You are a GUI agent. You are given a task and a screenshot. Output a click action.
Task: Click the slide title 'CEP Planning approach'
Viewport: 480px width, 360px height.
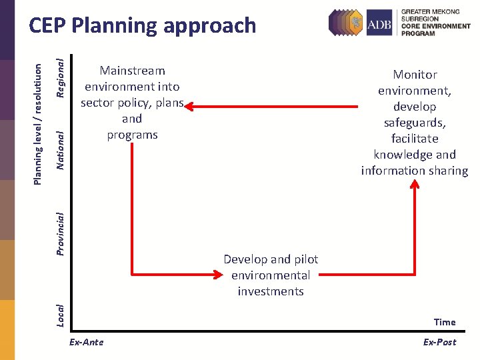tap(142, 25)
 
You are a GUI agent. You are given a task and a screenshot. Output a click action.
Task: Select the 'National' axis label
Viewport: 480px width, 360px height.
tap(60, 149)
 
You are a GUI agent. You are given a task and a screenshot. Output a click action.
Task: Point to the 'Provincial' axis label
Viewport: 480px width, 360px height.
tap(60, 233)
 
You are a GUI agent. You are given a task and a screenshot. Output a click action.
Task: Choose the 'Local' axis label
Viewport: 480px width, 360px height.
tap(60, 315)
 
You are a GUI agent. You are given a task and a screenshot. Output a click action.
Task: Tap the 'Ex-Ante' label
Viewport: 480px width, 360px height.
tap(87, 342)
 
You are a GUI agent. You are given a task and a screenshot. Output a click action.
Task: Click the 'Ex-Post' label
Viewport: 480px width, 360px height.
tap(439, 342)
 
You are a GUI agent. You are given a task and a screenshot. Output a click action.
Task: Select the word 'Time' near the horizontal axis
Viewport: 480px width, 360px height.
tap(445, 322)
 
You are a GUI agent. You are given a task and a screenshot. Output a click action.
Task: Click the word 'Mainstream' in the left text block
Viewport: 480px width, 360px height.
tap(132, 71)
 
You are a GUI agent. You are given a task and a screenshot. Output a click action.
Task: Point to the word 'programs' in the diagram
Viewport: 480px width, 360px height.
tap(132, 135)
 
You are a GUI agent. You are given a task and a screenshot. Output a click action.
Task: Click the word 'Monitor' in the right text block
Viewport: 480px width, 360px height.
tap(415, 75)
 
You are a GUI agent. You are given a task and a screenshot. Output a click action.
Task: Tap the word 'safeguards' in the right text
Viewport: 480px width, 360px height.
tap(415, 123)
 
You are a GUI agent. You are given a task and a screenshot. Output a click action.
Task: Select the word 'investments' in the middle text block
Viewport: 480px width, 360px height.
tap(271, 291)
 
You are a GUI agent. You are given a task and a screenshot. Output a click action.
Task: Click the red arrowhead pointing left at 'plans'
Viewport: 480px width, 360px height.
tap(189, 105)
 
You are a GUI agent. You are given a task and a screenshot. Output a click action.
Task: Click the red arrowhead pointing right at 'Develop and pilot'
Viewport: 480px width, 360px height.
tap(218, 273)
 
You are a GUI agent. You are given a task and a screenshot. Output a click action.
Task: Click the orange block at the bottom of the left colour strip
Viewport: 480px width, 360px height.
tap(7, 329)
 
